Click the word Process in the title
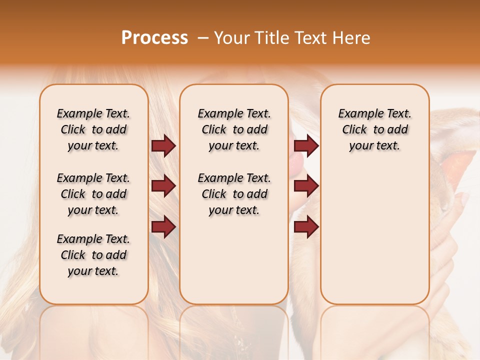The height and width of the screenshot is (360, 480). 154,38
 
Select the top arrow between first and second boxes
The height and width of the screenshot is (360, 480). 163,145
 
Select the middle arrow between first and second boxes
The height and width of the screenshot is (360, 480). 163,186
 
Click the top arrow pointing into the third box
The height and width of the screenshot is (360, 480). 306,145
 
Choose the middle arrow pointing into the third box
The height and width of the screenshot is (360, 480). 306,186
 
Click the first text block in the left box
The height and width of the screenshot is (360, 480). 93,129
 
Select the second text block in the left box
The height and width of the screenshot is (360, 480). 93,194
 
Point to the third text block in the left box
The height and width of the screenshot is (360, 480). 93,255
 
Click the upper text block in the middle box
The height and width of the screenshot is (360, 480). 234,129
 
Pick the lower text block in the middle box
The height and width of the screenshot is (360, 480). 234,194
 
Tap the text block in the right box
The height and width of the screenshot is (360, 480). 374,129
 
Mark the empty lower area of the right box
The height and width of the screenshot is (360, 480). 374,240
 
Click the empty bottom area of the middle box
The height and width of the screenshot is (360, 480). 234,265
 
